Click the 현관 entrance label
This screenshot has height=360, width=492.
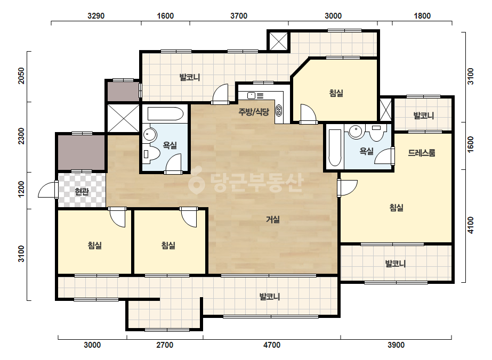click(x=82, y=191)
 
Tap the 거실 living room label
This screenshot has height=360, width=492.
click(x=273, y=219)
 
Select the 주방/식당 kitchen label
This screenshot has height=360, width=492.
click(x=254, y=112)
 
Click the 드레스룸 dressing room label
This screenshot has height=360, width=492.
click(x=422, y=153)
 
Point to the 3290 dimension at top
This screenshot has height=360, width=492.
click(x=96, y=15)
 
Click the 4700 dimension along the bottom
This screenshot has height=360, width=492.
click(x=272, y=345)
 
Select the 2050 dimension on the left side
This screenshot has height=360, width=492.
click(x=21, y=76)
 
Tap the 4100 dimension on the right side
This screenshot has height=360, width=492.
click(x=470, y=225)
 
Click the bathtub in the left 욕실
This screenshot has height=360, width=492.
click(x=165, y=114)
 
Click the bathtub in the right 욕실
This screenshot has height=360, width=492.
click(x=335, y=148)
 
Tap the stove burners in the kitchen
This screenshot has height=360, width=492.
click(x=279, y=110)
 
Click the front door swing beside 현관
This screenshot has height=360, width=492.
click(x=48, y=190)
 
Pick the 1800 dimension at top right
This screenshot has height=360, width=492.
click(x=422, y=15)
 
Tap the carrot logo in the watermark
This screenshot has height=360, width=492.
click(x=196, y=183)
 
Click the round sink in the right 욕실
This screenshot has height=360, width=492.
click(x=356, y=132)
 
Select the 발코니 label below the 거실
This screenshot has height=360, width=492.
click(x=270, y=296)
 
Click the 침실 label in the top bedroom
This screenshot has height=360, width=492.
click(x=336, y=93)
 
